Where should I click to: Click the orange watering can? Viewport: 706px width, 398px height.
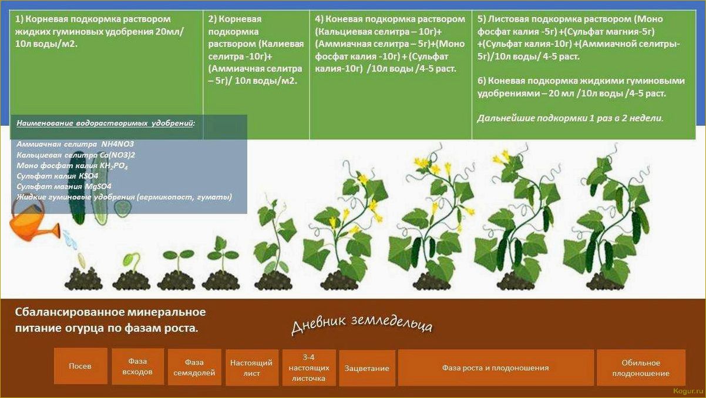click(x=33, y=221)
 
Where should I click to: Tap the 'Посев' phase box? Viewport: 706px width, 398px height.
click(x=80, y=366)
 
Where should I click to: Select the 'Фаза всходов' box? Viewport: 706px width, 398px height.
click(x=137, y=366)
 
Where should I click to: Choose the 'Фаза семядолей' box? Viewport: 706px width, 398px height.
click(x=194, y=367)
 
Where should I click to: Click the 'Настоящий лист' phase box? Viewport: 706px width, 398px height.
click(x=252, y=368)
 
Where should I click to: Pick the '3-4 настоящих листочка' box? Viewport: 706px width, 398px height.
click(x=309, y=368)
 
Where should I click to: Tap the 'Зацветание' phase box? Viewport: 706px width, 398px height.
click(x=367, y=368)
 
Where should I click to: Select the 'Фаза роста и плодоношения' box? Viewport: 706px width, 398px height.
click(x=496, y=368)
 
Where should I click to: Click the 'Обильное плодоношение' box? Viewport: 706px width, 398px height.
click(x=641, y=368)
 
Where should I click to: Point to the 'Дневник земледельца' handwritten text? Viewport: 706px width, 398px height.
click(x=362, y=325)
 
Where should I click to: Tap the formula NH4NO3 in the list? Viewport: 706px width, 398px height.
click(x=117, y=144)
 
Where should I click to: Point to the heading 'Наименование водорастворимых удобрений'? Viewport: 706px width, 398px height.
click(x=106, y=123)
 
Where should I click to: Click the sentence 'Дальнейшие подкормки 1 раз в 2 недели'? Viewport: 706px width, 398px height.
click(x=570, y=118)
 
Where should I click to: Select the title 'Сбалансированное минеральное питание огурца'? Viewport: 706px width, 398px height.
click(x=110, y=320)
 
